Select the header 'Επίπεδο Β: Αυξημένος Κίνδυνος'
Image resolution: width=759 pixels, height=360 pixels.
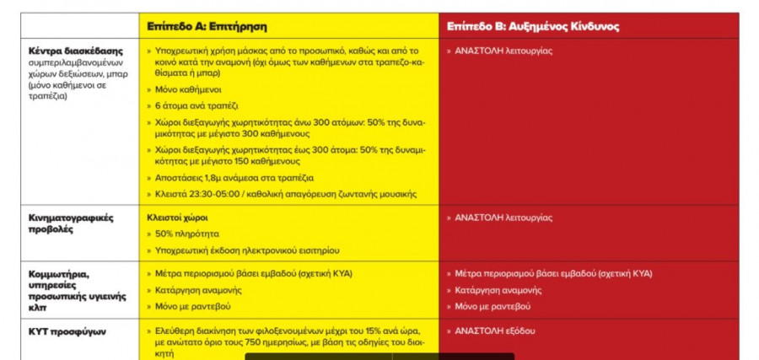coord(533,26)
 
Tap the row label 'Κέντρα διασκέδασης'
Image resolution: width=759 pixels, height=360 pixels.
coord(71,51)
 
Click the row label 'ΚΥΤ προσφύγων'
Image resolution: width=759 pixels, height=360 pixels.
coord(67,331)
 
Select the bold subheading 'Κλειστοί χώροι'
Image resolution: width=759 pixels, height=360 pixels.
coord(177,218)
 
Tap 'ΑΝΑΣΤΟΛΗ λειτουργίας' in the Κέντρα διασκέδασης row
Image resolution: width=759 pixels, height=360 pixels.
coord(503,51)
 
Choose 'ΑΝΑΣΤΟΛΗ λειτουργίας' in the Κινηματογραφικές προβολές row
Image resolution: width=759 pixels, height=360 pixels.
coord(503,218)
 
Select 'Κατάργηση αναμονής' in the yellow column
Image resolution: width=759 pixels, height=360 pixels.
coord(196,290)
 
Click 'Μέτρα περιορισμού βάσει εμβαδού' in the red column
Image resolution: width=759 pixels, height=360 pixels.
coord(530,273)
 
